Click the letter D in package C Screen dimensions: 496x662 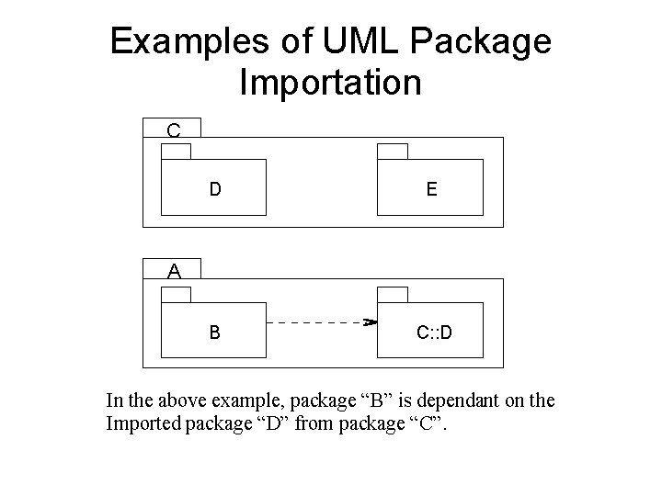pos(214,190)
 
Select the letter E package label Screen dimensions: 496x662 pos(431,190)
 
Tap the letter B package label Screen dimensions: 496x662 pos(214,332)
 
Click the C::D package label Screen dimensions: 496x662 pos(433,332)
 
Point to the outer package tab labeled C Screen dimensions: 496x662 pos(173,129)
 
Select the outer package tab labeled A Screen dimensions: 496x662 pos(173,270)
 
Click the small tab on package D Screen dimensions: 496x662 pos(177,152)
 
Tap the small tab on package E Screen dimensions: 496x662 pos(394,152)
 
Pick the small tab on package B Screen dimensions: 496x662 pos(177,294)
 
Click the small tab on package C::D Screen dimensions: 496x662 pos(394,294)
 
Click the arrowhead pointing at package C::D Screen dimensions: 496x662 pos(371,322)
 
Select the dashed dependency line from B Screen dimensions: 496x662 pos(317,322)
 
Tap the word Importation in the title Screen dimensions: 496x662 pos(330,83)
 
